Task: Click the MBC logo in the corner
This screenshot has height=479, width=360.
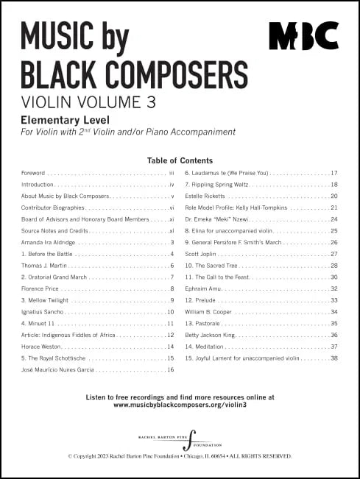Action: [x=303, y=35]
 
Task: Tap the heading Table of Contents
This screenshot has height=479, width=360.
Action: [x=180, y=160]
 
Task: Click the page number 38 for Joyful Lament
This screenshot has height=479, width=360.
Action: [x=333, y=358]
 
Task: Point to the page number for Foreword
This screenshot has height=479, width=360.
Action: [x=171, y=173]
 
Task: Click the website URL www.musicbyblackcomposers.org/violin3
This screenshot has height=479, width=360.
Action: [x=180, y=405]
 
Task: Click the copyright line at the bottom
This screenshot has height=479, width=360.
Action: [x=180, y=456]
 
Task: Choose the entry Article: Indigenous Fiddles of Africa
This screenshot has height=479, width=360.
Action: [x=71, y=335]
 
